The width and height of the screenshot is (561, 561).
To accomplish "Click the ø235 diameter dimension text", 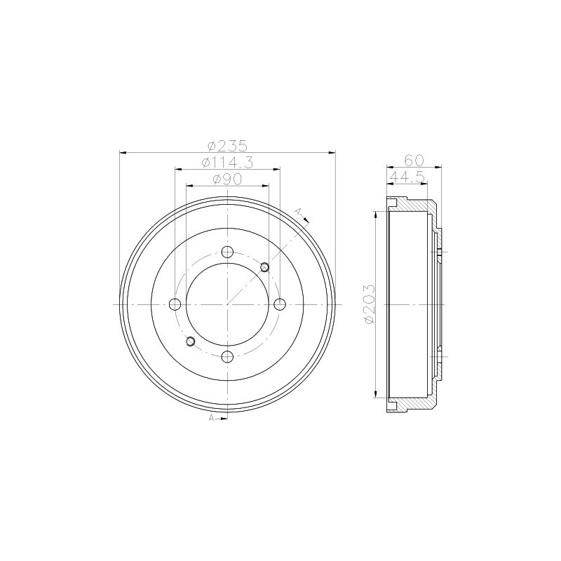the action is click(x=227, y=146).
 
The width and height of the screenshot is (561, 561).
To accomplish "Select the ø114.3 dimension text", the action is click(x=227, y=163).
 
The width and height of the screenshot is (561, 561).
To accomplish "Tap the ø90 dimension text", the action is click(x=227, y=179).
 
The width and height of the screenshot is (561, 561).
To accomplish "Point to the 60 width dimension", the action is click(x=415, y=161).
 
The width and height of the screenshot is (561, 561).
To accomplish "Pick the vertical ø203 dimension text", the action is click(x=372, y=304).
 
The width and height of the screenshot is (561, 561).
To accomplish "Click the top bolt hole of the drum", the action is click(x=227, y=252).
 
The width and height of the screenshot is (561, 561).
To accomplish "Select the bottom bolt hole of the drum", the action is click(x=227, y=356).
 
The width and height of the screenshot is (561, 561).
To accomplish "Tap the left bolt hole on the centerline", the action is click(x=175, y=304).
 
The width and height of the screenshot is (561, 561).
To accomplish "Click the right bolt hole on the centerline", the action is click(x=279, y=304).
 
